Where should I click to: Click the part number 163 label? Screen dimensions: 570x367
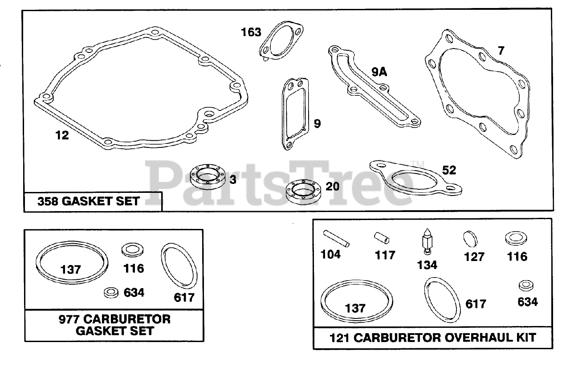click(x=251, y=32)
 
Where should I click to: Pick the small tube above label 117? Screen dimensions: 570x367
click(x=382, y=238)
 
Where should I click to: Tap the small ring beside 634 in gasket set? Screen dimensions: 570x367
click(x=110, y=292)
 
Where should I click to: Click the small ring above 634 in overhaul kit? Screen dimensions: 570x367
click(x=526, y=285)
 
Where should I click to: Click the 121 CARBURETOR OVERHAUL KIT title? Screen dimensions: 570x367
click(x=433, y=337)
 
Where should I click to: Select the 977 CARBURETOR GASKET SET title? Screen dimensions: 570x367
click(x=114, y=325)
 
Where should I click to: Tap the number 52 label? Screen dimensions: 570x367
click(x=449, y=170)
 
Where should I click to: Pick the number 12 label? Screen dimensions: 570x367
click(x=62, y=135)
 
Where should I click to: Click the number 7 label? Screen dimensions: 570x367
click(x=501, y=50)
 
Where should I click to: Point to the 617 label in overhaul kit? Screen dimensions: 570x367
click(x=476, y=304)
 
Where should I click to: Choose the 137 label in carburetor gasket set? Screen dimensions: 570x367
click(x=71, y=269)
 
